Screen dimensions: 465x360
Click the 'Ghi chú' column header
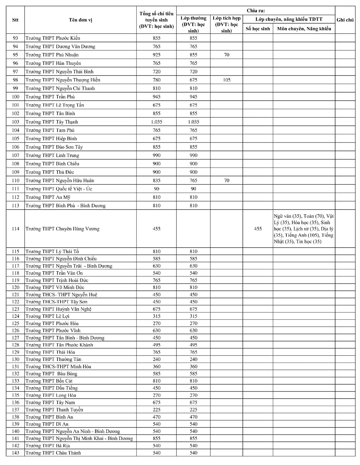point(345,20)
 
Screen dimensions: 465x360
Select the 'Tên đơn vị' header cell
point(80,20)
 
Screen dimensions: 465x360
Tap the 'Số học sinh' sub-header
point(258,29)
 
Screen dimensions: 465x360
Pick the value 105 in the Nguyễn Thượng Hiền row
point(226,80)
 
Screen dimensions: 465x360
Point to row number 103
point(16,122)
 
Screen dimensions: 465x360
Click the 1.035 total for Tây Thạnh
point(157,122)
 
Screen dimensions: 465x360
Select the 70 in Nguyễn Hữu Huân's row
point(226,181)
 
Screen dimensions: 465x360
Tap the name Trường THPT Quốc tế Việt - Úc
point(59,189)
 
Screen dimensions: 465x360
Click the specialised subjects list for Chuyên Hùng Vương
point(304,229)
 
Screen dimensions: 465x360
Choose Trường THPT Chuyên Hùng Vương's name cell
point(62,229)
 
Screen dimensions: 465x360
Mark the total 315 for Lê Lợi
point(157,316)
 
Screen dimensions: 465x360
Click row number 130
point(16,359)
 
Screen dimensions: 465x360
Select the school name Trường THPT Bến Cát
point(49,381)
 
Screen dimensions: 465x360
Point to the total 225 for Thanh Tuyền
point(157,410)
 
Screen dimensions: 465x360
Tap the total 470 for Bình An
point(157,417)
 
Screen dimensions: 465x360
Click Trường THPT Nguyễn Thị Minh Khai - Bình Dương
point(79,439)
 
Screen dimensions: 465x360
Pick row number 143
point(16,453)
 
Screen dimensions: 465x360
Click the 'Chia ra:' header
point(256,11)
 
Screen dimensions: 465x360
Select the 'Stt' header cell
point(15,20)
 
